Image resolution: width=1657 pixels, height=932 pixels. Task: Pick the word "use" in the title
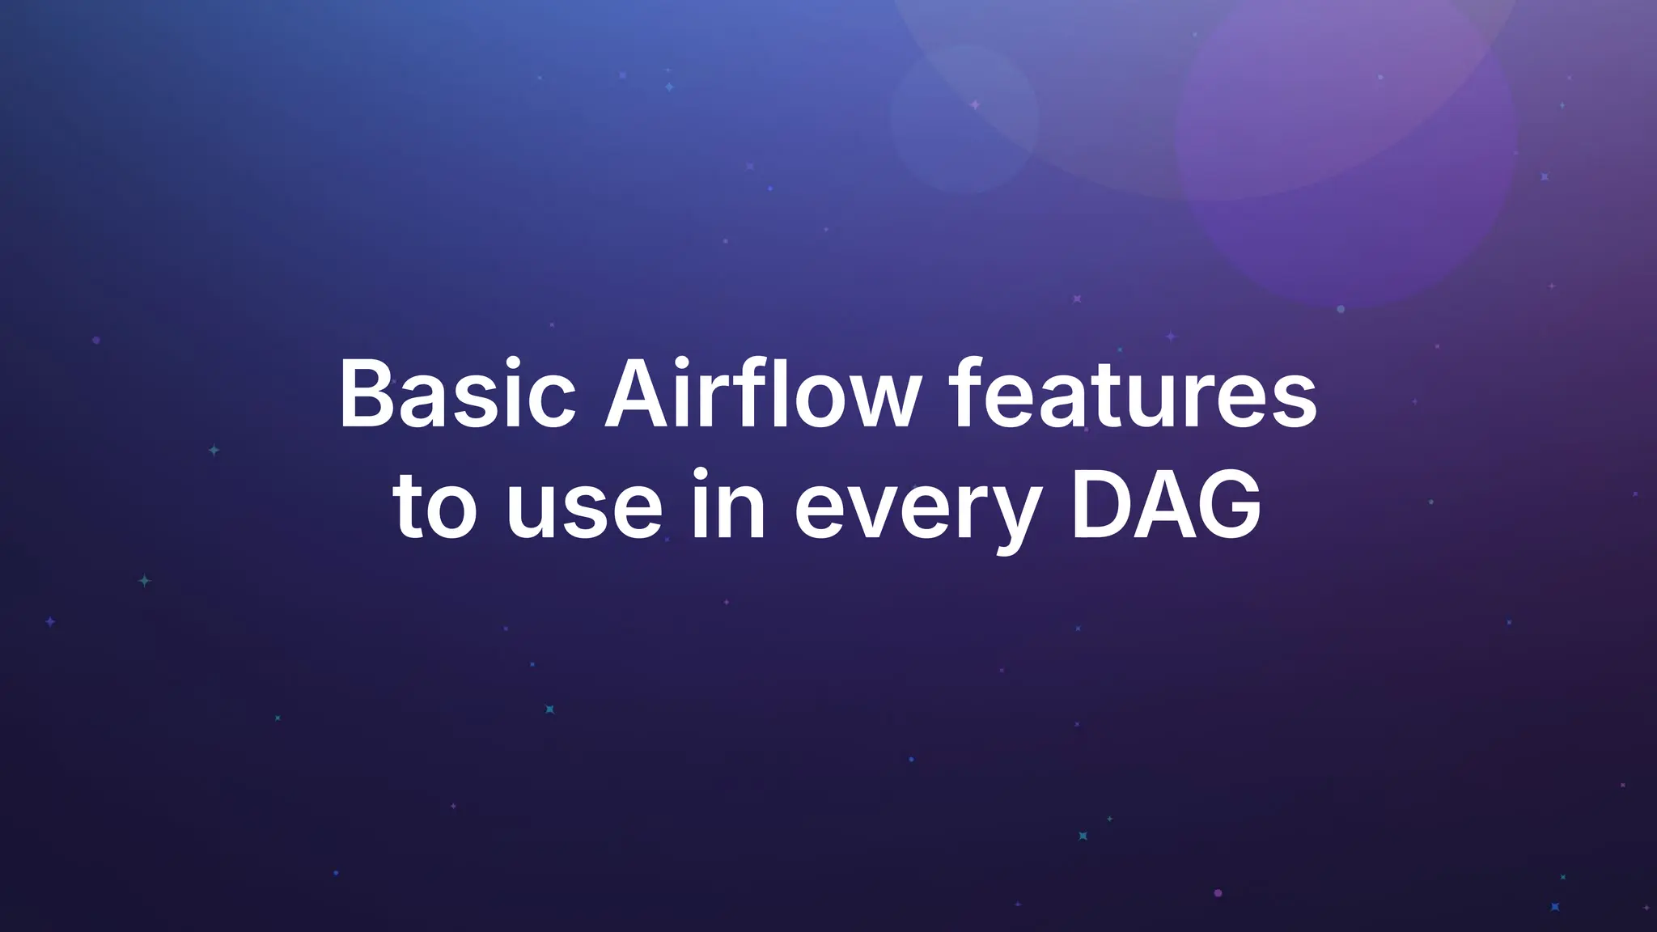584,510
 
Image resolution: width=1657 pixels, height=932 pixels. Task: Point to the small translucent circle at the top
964,118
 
